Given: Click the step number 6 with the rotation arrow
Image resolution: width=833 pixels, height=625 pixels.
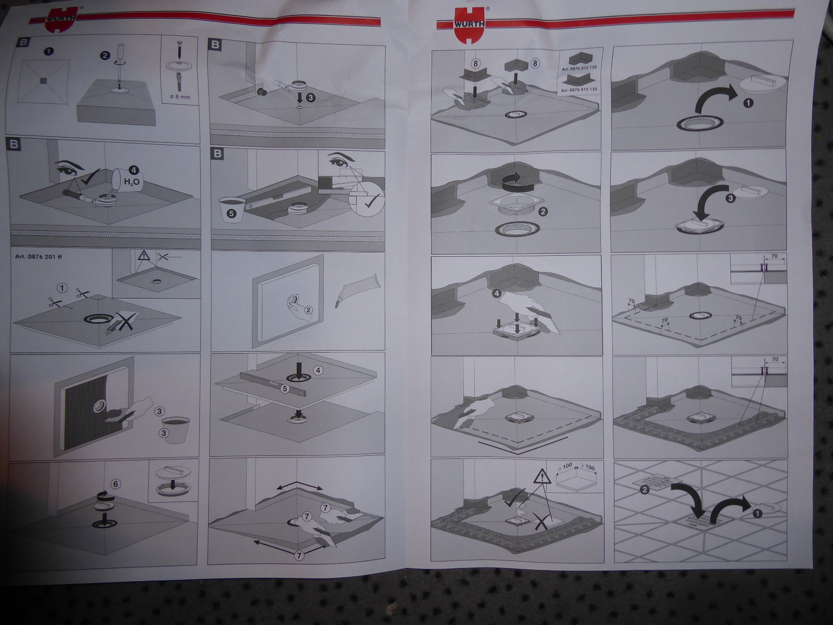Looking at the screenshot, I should point(116,484).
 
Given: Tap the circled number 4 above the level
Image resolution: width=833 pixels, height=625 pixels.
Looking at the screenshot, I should point(319,370).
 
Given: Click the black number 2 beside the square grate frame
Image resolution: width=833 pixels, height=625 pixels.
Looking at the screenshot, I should point(542,212).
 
